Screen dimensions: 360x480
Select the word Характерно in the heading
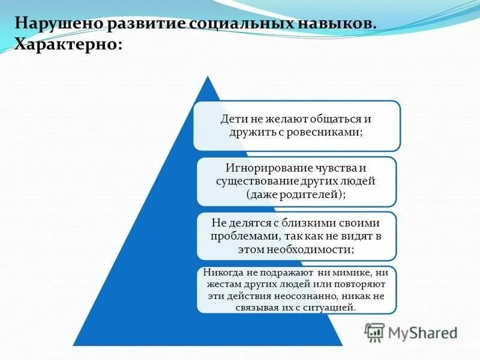[67, 45]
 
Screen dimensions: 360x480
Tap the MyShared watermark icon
[375, 332]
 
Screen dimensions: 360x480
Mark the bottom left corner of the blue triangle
[73, 345]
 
